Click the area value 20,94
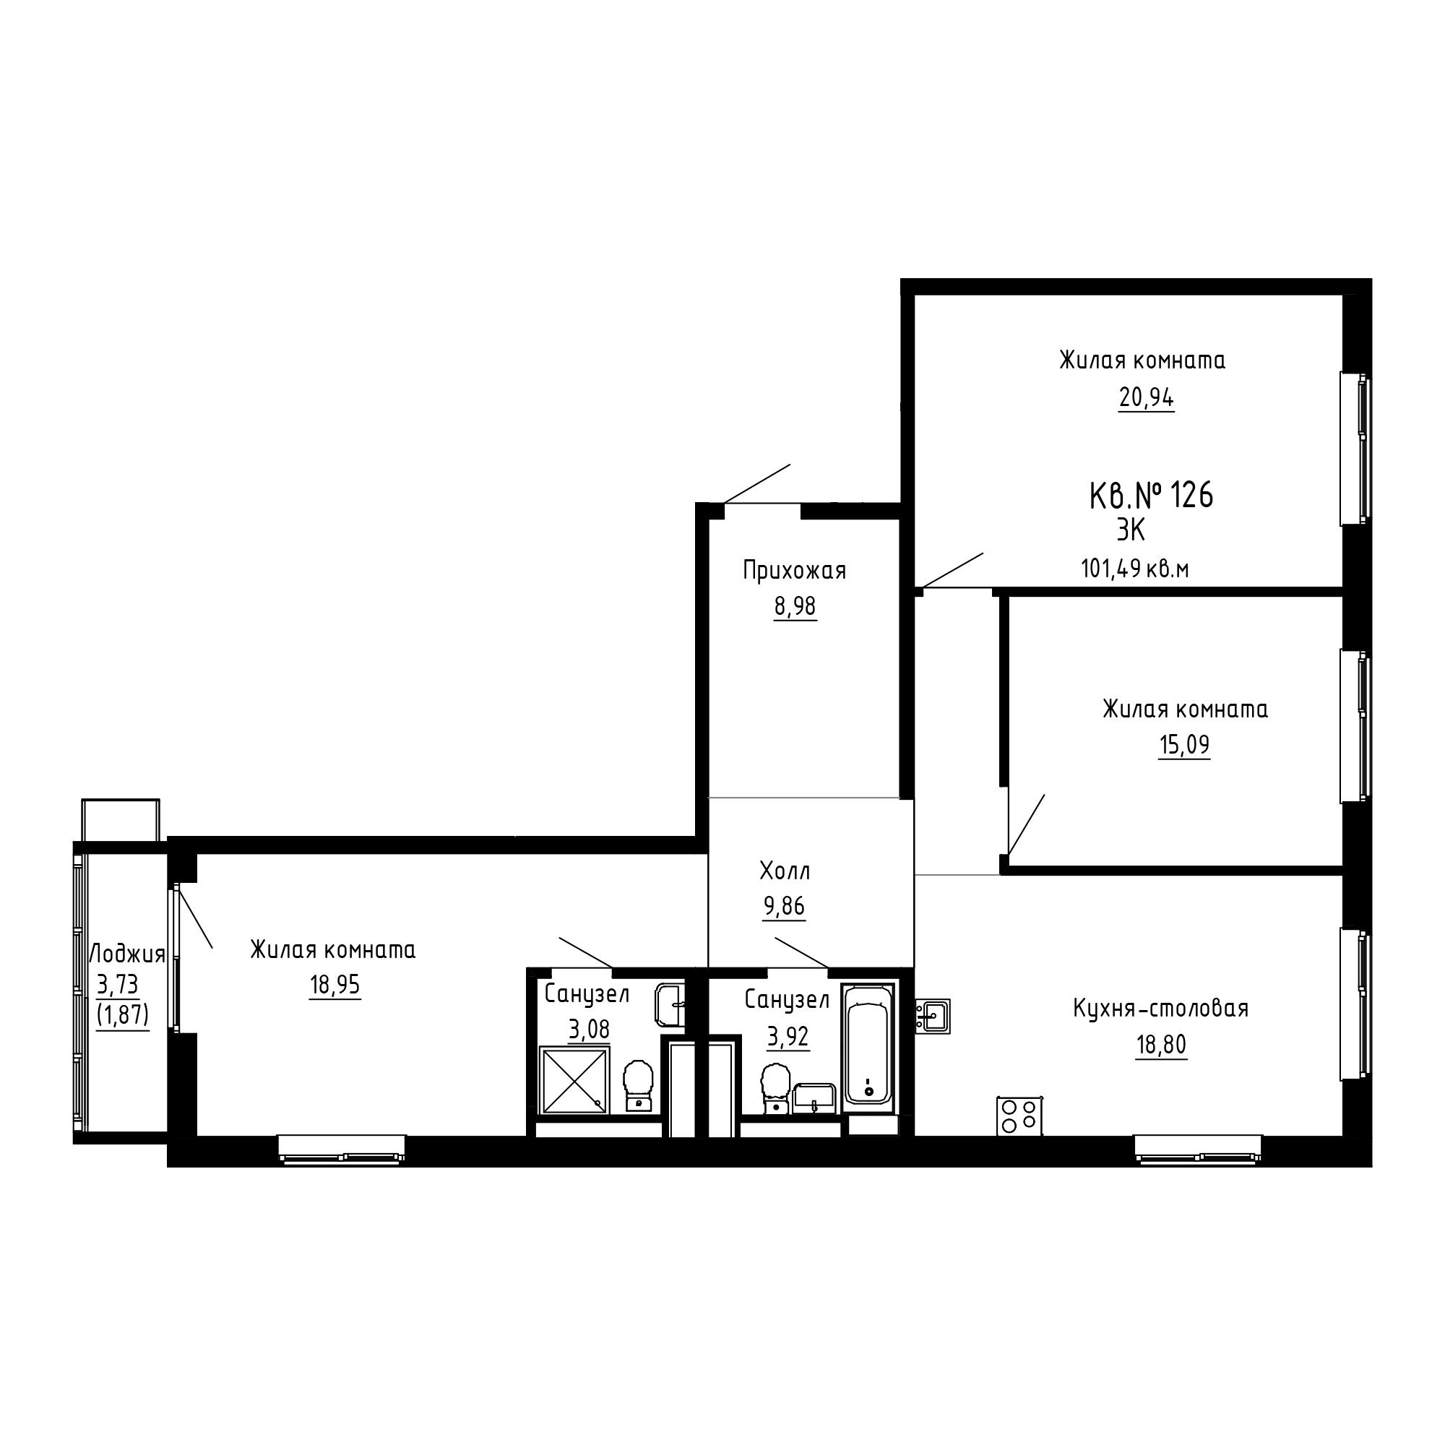[x=1146, y=398]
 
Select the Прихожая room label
[x=794, y=571]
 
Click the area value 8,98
[x=795, y=607]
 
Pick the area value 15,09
[x=1184, y=745]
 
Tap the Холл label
[x=785, y=871]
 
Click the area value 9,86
[x=784, y=907]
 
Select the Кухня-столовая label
[x=1161, y=1008]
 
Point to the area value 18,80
[x=1162, y=1045]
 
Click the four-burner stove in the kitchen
[x=1019, y=1116]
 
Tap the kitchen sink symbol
[x=933, y=1017]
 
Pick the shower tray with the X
[x=574, y=1080]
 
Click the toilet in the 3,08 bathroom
[x=638, y=1086]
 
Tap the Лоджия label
[x=127, y=954]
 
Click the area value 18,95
[x=335, y=985]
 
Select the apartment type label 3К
[x=1131, y=530]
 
